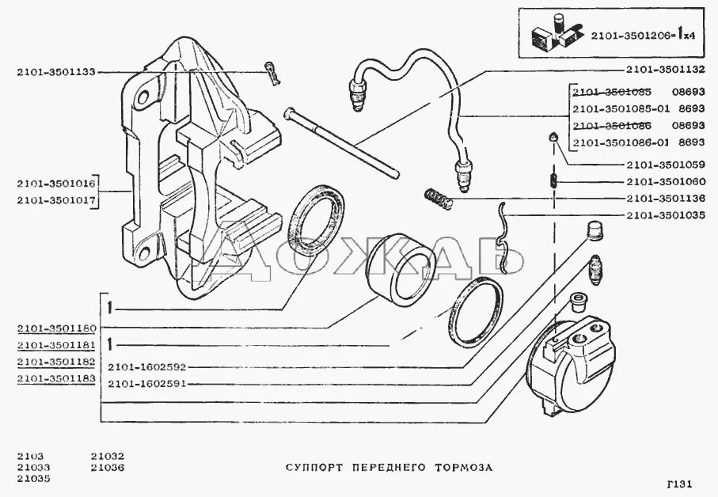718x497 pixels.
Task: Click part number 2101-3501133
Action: tap(55, 72)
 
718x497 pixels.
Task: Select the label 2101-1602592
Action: tap(147, 367)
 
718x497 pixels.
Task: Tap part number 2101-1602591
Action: tap(147, 384)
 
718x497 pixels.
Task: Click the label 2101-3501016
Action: tap(55, 184)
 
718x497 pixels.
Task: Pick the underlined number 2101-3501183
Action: tap(55, 379)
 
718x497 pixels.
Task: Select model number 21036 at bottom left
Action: tap(108, 467)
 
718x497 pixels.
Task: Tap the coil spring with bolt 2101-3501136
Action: tap(438, 198)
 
